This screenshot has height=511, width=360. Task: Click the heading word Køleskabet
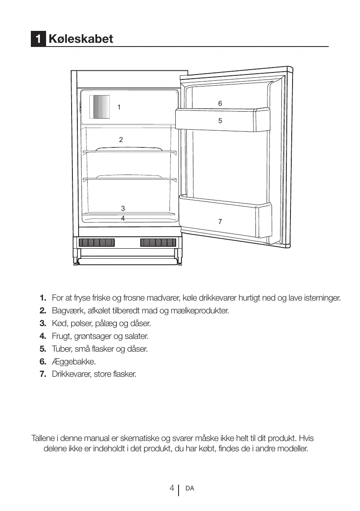[x=81, y=39]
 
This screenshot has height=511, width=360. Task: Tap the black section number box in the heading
[x=38, y=39]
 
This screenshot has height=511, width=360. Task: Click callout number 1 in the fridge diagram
[x=119, y=107]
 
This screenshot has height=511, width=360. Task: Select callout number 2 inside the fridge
[x=121, y=140]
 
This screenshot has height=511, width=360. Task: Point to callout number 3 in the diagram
[x=123, y=208]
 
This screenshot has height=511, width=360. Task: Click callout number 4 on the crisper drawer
[x=123, y=218]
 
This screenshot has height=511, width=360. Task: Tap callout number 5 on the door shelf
[x=220, y=121]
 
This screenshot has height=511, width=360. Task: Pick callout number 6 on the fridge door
[x=220, y=104]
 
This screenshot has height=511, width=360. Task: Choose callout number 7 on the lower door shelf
[x=220, y=222]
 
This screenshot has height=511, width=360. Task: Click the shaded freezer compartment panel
[x=101, y=107]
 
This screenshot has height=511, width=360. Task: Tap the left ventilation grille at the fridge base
[x=97, y=243]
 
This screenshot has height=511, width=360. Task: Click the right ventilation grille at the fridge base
[x=158, y=243]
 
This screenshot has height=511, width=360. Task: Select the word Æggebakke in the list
[x=74, y=362]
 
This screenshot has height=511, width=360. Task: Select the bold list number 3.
[x=43, y=323]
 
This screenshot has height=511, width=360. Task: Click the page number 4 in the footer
[x=172, y=488]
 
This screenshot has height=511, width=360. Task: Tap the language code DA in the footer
[x=190, y=488]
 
